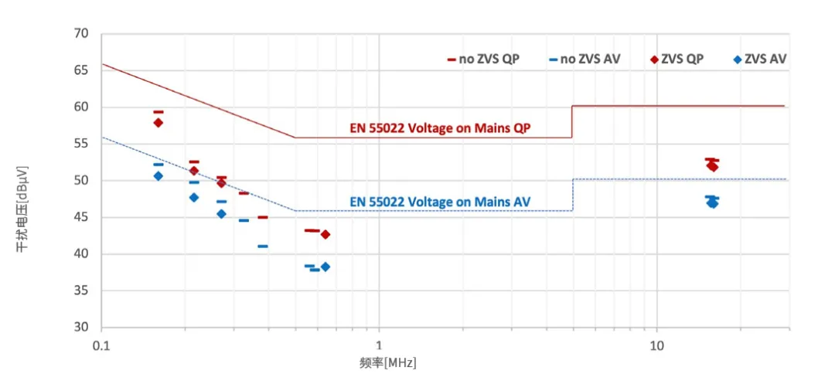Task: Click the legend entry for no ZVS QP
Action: (482, 59)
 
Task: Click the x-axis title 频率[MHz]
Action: (387, 362)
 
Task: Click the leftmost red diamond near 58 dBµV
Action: (158, 123)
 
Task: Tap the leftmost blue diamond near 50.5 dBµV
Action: (158, 176)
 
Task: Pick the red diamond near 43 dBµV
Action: (325, 234)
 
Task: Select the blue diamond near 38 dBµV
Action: (325, 267)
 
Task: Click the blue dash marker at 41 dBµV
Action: (263, 246)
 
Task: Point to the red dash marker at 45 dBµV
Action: (263, 217)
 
